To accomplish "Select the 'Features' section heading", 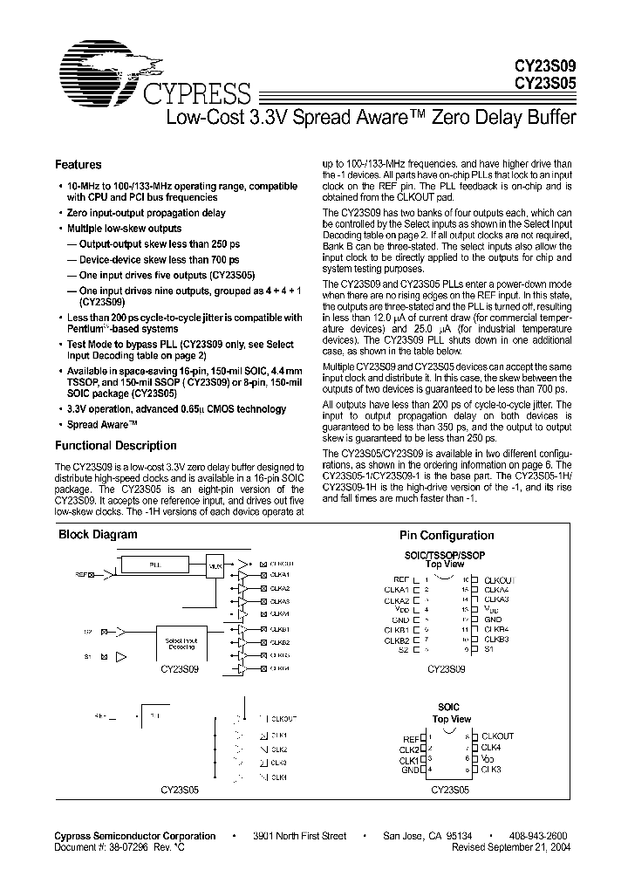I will coord(78,165).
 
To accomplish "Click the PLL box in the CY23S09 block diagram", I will coord(155,565).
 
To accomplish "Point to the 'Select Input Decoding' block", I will coord(181,643).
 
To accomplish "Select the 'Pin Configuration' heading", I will coord(447,536).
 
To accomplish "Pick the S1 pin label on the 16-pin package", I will coord(489,649).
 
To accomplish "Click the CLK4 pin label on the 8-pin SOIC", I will coord(491,748).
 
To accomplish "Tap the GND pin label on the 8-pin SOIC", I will coord(410,770).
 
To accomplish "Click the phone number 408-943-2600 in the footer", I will coord(542,836).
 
